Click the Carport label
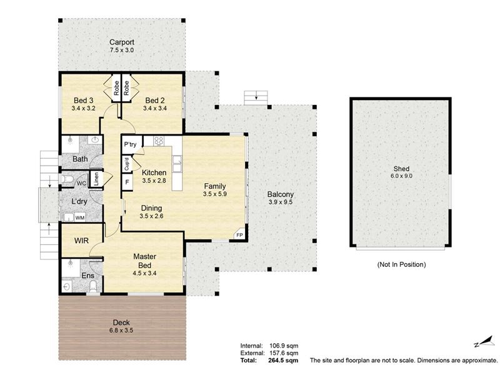121,42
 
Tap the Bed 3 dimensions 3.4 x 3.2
83,108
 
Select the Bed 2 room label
154,101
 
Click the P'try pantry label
130,144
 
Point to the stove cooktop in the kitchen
159,141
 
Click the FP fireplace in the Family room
239,236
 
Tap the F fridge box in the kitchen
127,182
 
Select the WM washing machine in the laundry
80,217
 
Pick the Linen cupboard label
96,179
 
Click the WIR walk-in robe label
81,241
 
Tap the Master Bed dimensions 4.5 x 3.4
144,273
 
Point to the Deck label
121,322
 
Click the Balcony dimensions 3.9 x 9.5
280,202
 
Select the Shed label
401,169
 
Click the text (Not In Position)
401,264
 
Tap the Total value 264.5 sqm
284,361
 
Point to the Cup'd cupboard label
127,164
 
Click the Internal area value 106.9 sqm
284,346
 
